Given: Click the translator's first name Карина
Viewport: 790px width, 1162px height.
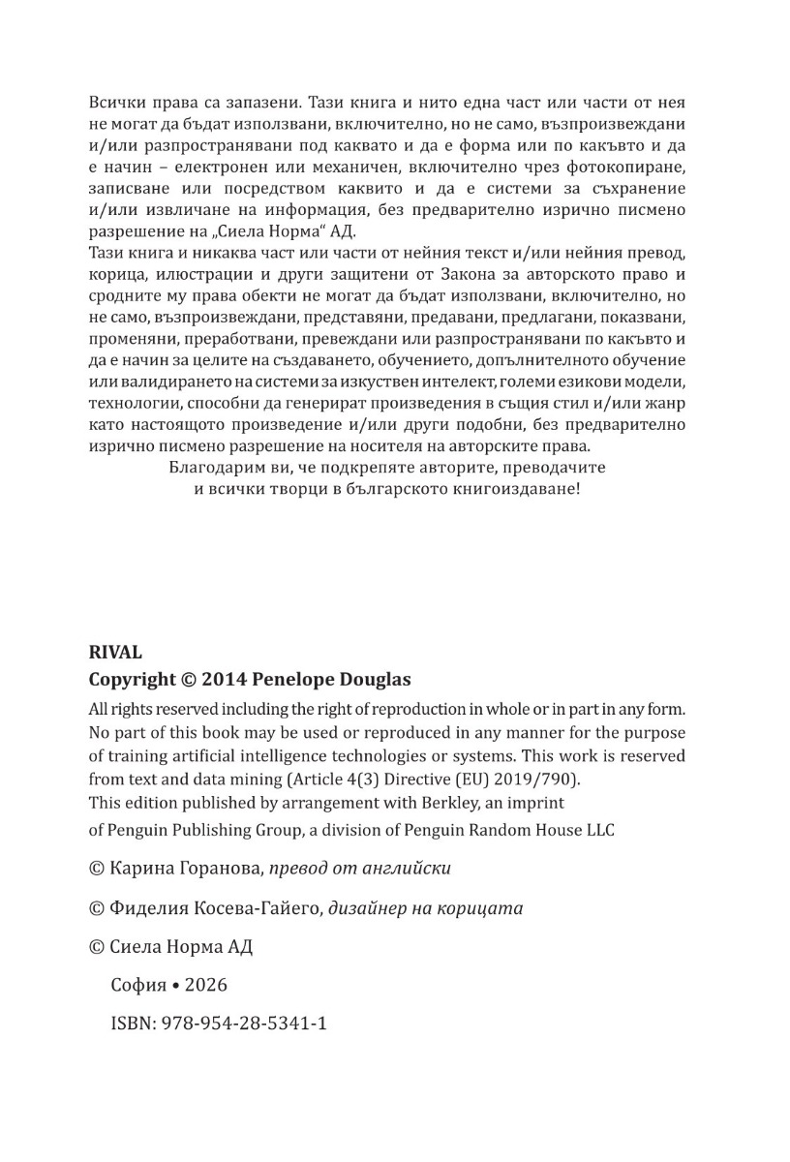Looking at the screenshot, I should [x=141, y=869].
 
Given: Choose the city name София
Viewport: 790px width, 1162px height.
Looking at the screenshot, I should [x=139, y=985].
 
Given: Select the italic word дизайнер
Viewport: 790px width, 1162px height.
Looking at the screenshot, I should [x=365, y=908].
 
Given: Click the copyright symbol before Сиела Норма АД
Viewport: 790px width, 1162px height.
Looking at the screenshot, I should [x=96, y=947].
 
